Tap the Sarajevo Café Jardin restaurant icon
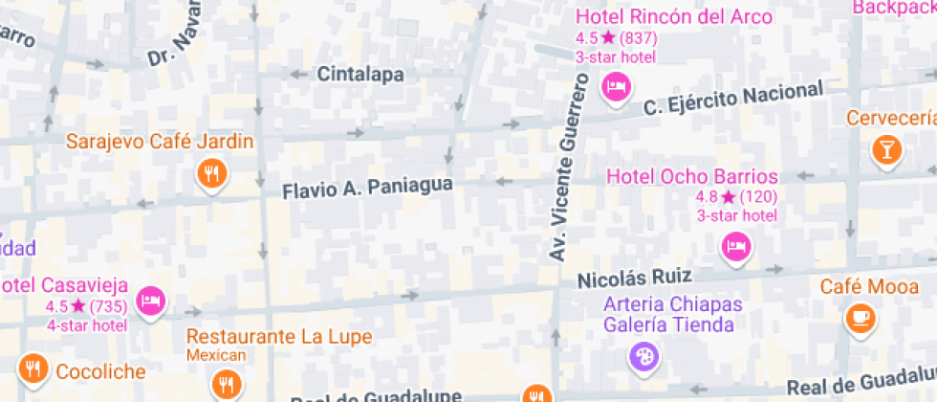point(211,173)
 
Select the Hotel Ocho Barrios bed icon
point(735,247)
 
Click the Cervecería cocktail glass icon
point(886,148)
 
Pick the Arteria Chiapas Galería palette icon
point(643,358)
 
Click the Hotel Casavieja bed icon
point(150,301)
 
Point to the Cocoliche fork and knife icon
point(33,370)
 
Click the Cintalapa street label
point(360,74)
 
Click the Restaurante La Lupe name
point(278,337)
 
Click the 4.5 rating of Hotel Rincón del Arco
point(584,38)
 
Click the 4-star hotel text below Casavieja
point(87,325)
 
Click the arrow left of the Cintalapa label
point(298,74)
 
